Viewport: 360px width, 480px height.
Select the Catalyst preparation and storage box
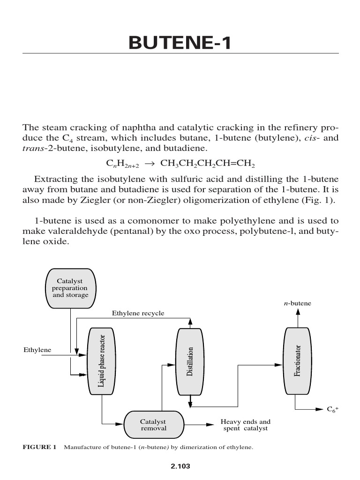pos(70,288)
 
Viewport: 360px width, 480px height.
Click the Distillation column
pos(190,361)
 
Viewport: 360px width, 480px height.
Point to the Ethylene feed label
pos(37,350)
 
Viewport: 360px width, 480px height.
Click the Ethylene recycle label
pos(138,313)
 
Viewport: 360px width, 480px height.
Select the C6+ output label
pos(332,409)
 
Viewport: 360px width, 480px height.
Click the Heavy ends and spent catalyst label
pos(245,425)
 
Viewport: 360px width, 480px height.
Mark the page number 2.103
pos(180,466)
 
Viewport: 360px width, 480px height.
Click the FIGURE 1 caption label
pos(40,447)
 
